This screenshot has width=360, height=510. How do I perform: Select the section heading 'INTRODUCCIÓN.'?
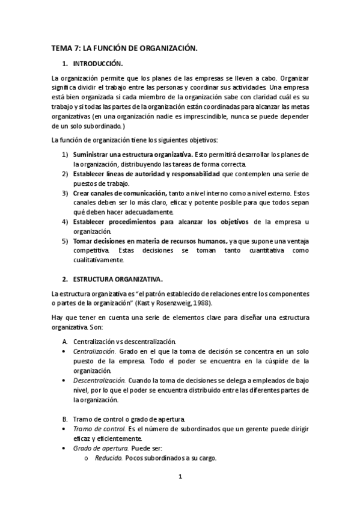coord(97,63)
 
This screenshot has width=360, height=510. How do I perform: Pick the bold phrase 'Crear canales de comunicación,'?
coord(120,193)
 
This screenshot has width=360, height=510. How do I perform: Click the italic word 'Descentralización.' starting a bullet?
coord(99,380)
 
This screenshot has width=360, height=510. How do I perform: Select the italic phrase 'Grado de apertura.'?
coord(100,447)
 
